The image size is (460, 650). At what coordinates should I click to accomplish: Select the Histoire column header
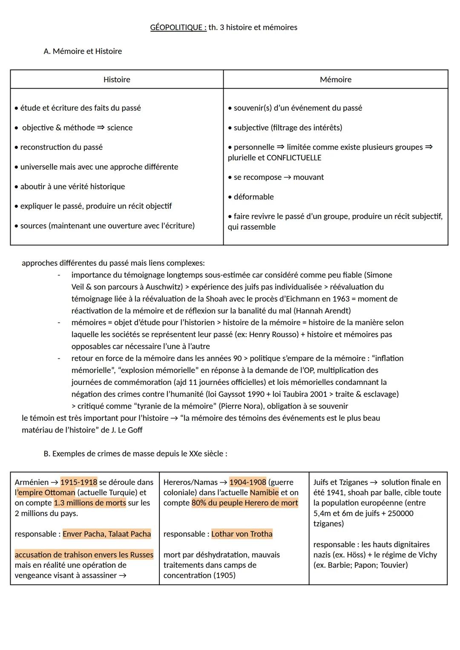point(117,80)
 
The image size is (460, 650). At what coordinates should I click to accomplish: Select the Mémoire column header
point(336,80)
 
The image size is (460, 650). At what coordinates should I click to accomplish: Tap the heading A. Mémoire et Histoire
point(83,52)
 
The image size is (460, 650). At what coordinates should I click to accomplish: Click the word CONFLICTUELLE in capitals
point(294,158)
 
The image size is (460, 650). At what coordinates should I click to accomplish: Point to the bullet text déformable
point(253,197)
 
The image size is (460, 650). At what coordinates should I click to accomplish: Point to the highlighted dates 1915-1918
point(79,482)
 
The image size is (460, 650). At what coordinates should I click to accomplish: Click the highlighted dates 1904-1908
point(248,482)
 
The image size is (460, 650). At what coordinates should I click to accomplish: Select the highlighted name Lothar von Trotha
point(241,534)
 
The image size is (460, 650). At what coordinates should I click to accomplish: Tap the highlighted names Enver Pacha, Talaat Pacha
point(106,534)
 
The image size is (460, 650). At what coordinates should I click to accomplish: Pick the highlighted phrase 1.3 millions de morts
point(90,503)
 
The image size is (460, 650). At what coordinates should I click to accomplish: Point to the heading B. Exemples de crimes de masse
point(135,454)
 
